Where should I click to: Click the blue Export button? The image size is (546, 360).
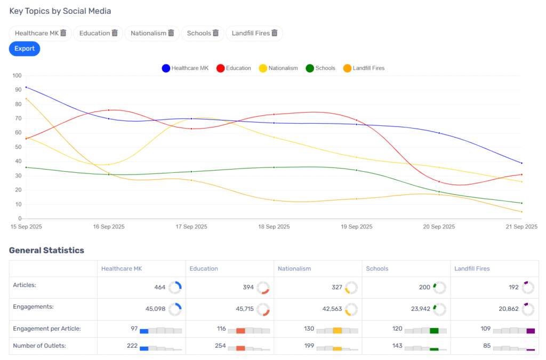[x=25, y=49]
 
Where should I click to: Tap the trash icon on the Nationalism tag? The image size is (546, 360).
[x=171, y=33]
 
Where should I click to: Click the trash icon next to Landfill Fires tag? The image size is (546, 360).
[x=275, y=33]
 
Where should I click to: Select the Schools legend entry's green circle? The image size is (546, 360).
[x=310, y=68]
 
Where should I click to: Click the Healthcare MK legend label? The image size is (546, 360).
[x=190, y=68]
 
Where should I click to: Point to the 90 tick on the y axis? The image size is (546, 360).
[x=18, y=90]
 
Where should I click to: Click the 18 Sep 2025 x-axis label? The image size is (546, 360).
[x=274, y=227]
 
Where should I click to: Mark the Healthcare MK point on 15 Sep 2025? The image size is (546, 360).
[x=26, y=87]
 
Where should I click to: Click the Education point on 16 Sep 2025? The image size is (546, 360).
[x=109, y=110]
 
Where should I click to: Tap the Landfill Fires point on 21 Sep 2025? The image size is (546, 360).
[x=521, y=212]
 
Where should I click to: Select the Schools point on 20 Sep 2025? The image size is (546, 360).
[x=439, y=191]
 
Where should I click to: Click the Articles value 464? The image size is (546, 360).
[x=160, y=287]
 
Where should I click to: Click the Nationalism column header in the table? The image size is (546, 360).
[x=294, y=269]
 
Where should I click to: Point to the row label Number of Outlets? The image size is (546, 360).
[x=39, y=346]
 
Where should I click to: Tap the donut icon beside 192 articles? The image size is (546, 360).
[x=528, y=287]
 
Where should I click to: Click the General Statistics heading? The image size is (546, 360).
[x=46, y=250]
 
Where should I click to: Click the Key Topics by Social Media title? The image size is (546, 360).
[x=60, y=11]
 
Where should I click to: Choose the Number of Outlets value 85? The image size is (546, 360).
[x=486, y=346]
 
